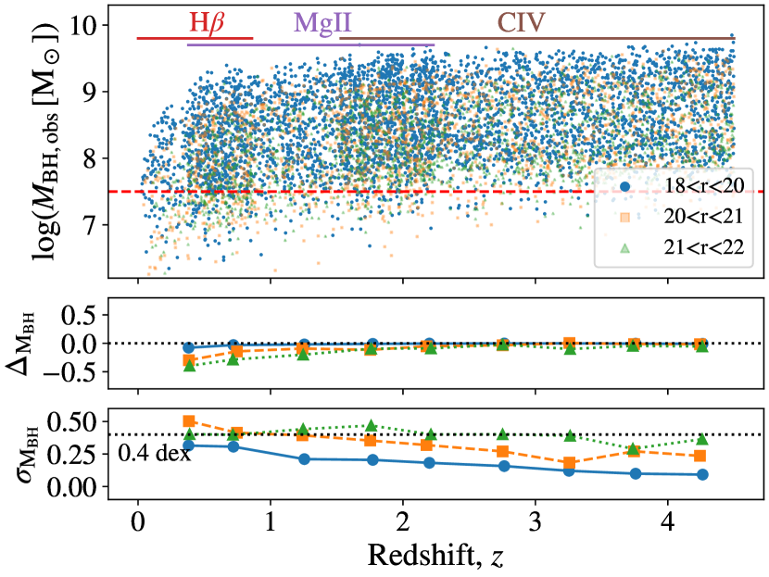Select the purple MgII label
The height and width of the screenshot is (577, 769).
[322, 20]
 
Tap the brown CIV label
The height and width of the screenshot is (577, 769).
[522, 20]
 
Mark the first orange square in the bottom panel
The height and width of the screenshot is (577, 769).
[190, 421]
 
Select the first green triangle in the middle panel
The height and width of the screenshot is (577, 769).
[190, 366]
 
